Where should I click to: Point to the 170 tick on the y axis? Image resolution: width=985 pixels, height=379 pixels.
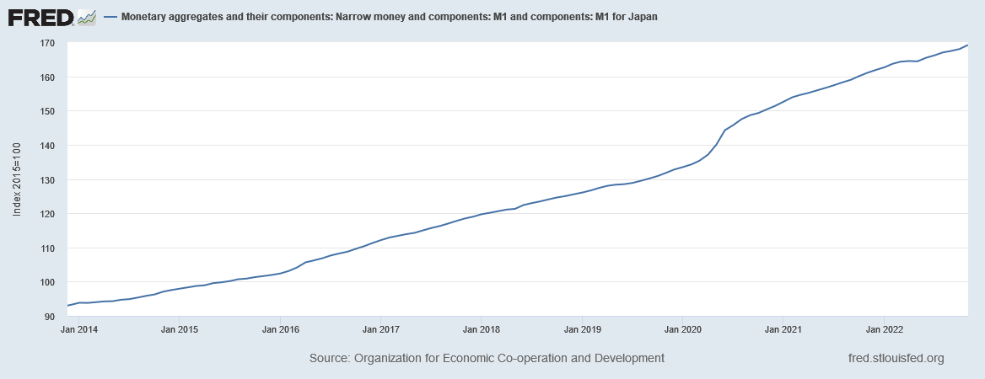pos(47,43)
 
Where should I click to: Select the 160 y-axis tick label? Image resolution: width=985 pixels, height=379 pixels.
pos(47,77)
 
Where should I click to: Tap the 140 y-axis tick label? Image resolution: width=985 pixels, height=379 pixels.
pos(47,146)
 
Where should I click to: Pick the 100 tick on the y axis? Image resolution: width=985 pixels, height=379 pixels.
pos(47,282)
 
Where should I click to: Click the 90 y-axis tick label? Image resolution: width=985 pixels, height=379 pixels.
pos(50,317)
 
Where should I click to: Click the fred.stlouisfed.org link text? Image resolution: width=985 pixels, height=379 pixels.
pos(896,359)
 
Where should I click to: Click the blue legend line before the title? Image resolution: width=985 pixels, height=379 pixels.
pos(110,17)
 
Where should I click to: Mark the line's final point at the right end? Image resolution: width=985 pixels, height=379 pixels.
pos(967,45)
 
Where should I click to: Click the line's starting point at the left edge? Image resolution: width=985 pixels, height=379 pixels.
pos(67,306)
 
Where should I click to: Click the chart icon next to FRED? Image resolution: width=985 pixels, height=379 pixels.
pos(86,16)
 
